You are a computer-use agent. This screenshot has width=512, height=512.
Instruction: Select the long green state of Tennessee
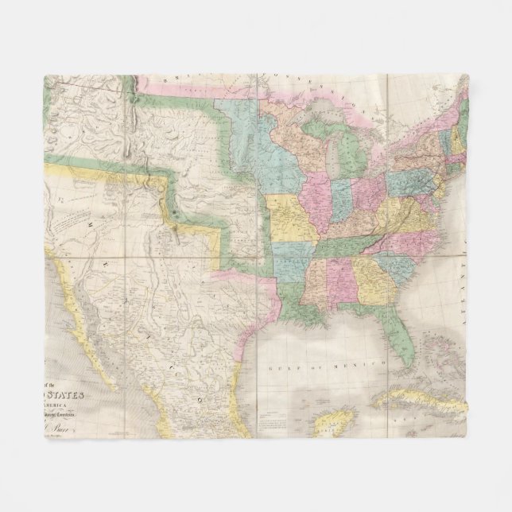coord(347,246)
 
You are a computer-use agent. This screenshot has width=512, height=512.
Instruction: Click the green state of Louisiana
coord(295,306)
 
